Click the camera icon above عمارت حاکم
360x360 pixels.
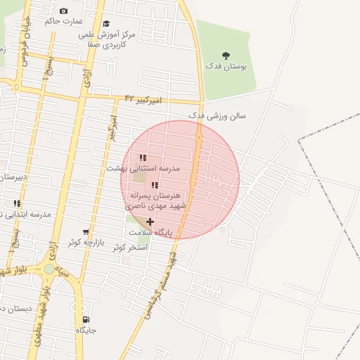64,11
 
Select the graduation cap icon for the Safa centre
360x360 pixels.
106,24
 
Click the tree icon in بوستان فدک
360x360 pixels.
226,55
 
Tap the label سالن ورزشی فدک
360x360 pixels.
217,115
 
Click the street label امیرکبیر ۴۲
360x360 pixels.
143,100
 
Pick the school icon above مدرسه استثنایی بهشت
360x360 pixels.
143,158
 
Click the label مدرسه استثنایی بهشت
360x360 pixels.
143,169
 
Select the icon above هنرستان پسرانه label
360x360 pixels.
154,185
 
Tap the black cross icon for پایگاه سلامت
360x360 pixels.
150,221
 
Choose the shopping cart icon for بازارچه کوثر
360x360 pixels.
86,232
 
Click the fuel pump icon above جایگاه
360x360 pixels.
86,319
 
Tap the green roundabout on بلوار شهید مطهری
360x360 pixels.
49,269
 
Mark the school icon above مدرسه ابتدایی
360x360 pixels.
17,204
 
